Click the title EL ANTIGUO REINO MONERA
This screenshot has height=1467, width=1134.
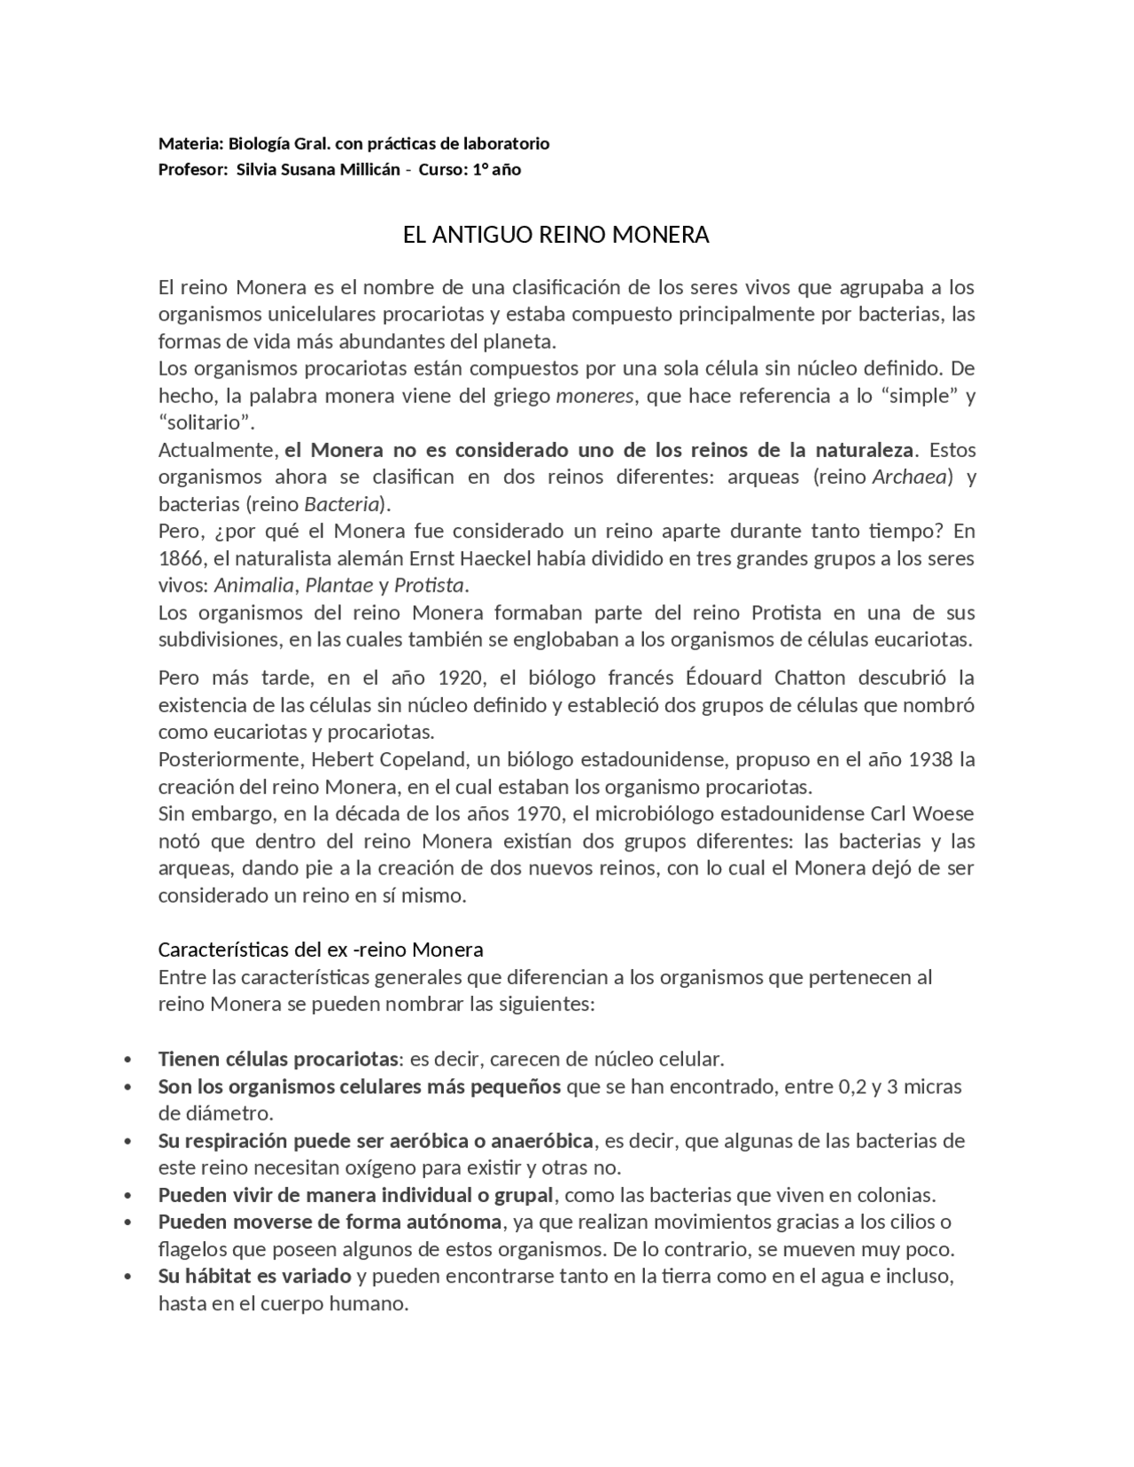coord(555,235)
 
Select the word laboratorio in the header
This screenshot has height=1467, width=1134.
coord(504,144)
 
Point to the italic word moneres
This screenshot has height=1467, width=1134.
coord(594,395)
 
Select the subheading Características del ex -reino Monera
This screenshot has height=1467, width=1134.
coord(321,950)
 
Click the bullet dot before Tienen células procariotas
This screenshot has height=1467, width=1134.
coord(129,1059)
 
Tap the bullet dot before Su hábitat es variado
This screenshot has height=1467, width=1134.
coord(129,1277)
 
